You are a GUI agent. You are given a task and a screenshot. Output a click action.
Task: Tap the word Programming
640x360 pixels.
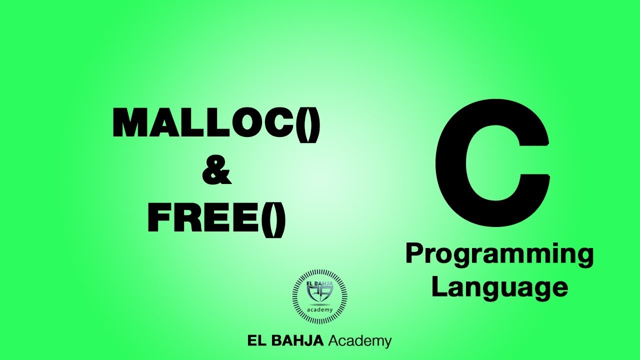coord(499,254)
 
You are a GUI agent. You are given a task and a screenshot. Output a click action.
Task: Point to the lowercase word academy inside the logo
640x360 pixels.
coord(320,309)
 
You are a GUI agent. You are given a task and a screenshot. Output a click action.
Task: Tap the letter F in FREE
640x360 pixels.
coord(160,220)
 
